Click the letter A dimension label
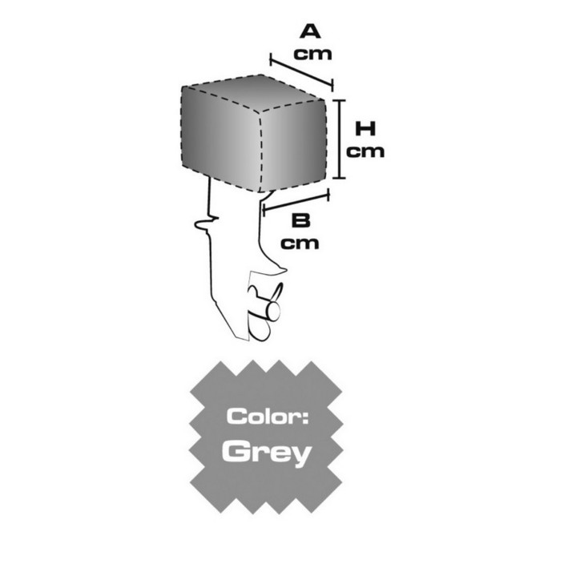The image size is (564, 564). (310, 31)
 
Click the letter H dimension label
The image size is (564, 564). (365, 129)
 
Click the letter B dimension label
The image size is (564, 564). (300, 220)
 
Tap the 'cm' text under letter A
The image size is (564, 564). (312, 54)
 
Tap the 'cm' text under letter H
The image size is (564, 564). (365, 151)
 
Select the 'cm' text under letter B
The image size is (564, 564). (300, 244)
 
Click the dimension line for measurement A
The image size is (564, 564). (301, 72)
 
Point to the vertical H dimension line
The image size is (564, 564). (339, 139)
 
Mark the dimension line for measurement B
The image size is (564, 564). (296, 203)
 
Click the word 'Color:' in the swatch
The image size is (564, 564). (268, 417)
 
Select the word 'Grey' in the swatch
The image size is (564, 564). (267, 452)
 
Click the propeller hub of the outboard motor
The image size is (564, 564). (272, 311)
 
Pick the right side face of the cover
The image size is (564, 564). (293, 146)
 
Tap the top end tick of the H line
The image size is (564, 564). (339, 100)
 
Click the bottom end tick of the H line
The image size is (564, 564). (339, 178)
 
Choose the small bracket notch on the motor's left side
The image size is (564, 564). (206, 224)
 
